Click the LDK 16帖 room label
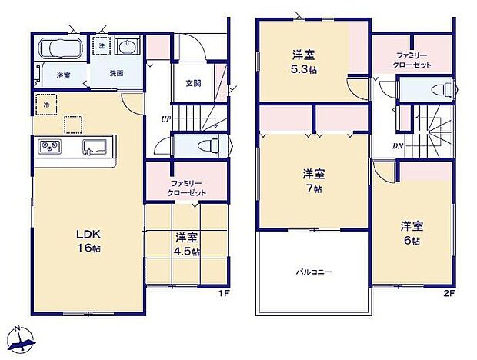[x=88, y=239]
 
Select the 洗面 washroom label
[x=116, y=74]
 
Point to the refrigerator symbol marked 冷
[x=46, y=104]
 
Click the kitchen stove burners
[x=48, y=147]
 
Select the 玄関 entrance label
[x=193, y=83]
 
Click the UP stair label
[x=165, y=119]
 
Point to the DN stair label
[x=398, y=146]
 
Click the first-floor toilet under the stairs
[x=206, y=145]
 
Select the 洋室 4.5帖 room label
[x=186, y=244]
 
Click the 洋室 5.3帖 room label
[x=302, y=60]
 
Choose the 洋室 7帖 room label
[x=312, y=178]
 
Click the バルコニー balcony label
[x=315, y=272]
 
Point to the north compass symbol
[x=22, y=338]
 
